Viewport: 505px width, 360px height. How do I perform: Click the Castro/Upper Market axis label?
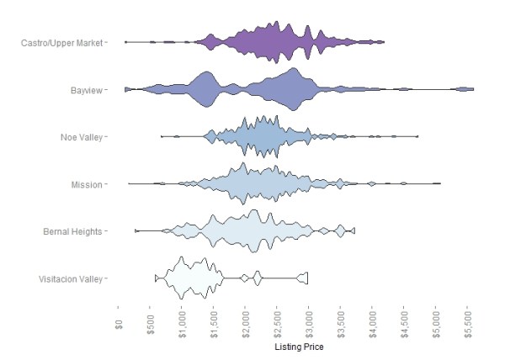pyautogui.click(x=62, y=41)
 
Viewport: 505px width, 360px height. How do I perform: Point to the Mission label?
pyautogui.click(x=87, y=184)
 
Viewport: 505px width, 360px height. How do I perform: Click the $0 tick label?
pyautogui.click(x=120, y=322)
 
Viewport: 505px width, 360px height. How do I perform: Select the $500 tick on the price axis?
pyautogui.click(x=151, y=325)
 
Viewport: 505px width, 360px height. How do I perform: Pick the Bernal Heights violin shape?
pyautogui.click(x=244, y=231)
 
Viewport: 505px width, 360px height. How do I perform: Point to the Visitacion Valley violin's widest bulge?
pyautogui.click(x=182, y=278)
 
